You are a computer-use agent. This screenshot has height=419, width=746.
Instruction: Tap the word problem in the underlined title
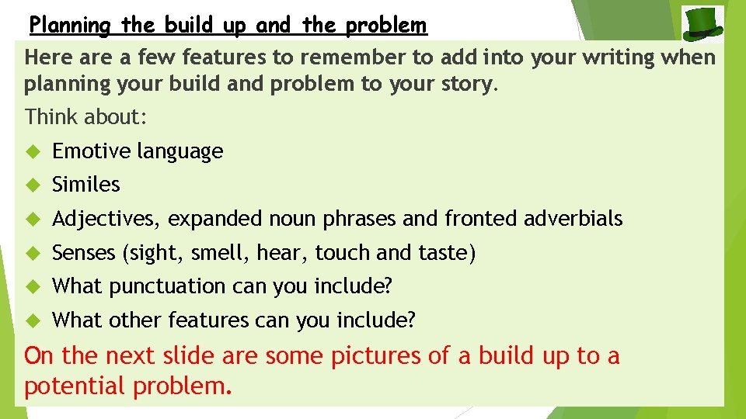coord(386,26)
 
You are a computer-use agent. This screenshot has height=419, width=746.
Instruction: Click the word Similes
coord(86,185)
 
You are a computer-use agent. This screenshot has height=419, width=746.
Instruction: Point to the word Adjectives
coord(106,220)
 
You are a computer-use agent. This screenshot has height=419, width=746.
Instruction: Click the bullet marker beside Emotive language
coord(32,152)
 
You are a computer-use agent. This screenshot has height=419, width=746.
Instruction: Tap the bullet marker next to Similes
coord(32,185)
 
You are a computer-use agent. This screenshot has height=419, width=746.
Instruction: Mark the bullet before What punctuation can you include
coord(32,287)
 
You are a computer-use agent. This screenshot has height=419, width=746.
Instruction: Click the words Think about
coord(85,117)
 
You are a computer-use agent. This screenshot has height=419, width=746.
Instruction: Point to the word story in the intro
coord(465,84)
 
